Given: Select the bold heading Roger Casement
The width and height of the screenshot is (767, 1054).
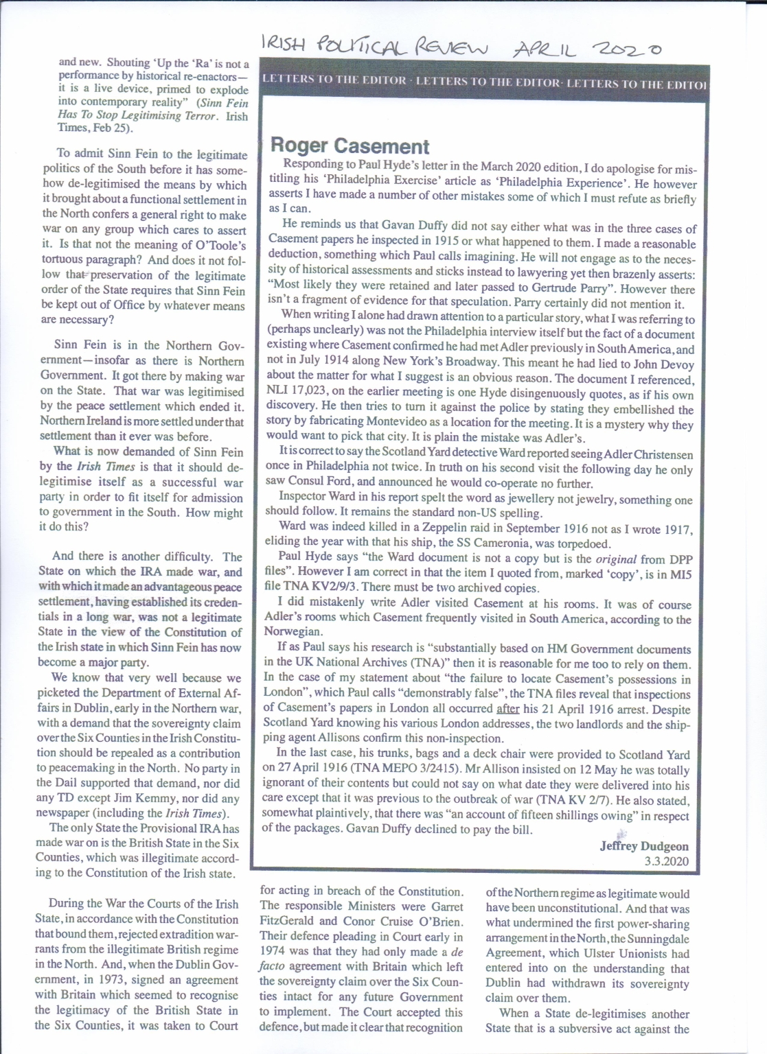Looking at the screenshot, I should (350, 145).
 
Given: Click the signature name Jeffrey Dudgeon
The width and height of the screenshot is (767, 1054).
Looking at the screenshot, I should (644, 846).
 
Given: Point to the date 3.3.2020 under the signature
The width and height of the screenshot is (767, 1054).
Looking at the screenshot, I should (666, 861).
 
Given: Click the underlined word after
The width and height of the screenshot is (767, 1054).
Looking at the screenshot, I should (507, 709).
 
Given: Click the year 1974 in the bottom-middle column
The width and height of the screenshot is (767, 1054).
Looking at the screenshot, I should (273, 952).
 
